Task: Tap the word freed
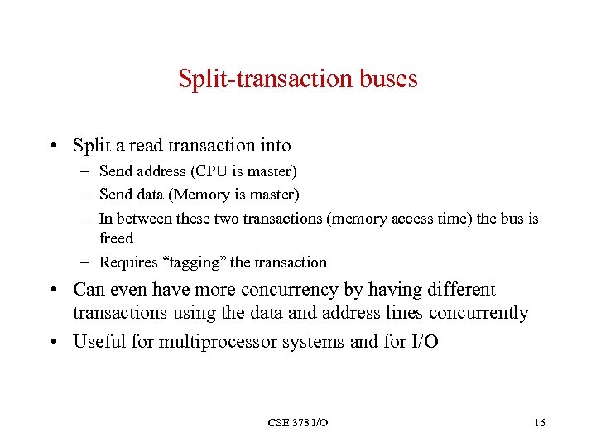click(116, 238)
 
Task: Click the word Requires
click(129, 262)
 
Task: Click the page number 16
click(539, 423)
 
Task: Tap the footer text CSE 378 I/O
click(298, 423)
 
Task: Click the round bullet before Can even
click(54, 291)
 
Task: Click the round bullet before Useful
click(54, 342)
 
